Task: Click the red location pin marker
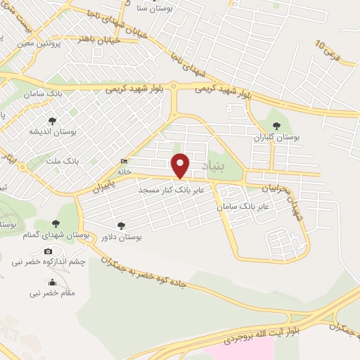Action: tap(181, 165)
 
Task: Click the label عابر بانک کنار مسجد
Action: tap(171, 190)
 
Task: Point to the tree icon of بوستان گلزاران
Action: tap(276, 125)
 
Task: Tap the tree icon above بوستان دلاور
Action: tap(122, 226)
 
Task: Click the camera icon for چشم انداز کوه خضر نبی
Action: tap(48, 252)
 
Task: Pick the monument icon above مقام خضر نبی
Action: tap(51, 283)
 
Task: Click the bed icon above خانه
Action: tap(124, 159)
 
